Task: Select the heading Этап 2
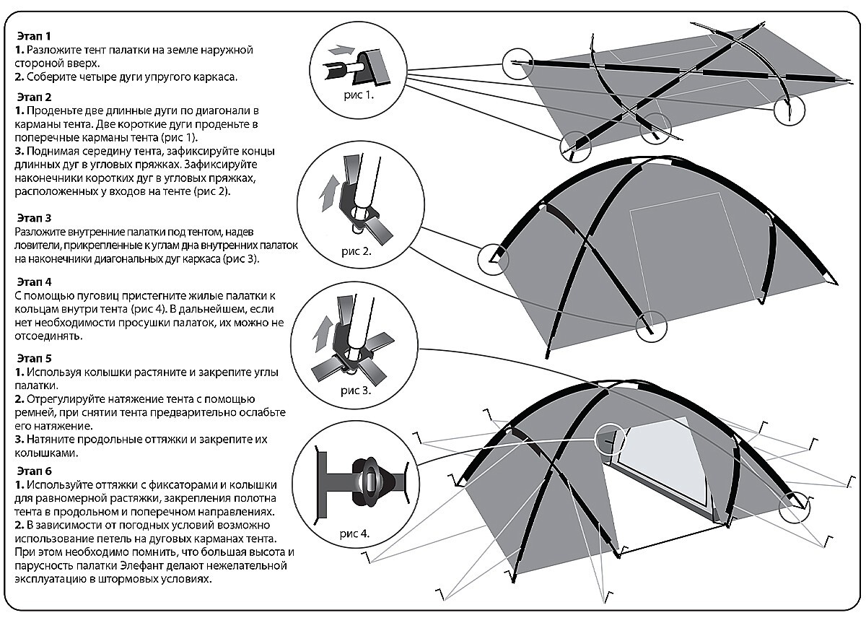point(34,96)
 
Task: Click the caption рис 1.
point(358,94)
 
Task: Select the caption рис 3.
point(357,391)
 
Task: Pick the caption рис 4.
point(354,534)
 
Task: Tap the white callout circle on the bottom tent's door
point(611,437)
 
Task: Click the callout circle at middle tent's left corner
point(493,258)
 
